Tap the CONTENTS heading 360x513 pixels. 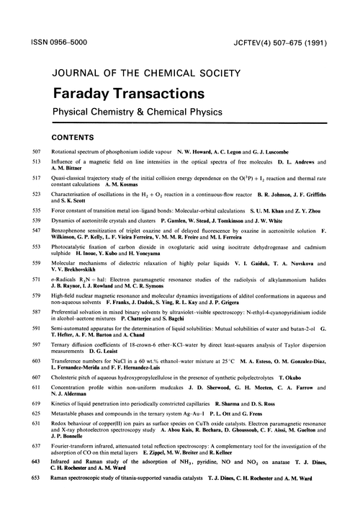[x=76, y=135]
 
